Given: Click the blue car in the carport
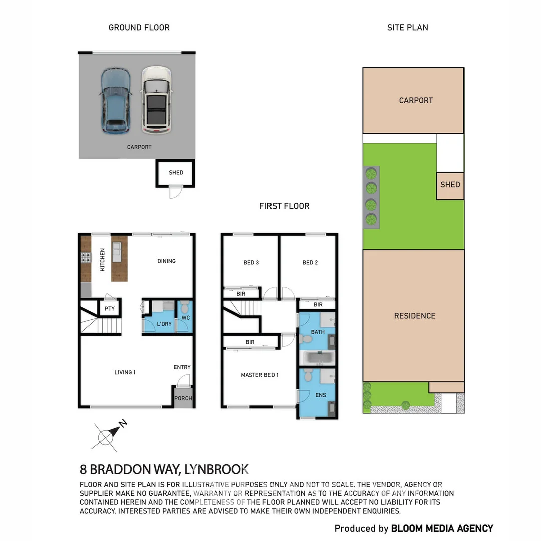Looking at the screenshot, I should click(115, 101).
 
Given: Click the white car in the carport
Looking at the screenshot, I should click(156, 101).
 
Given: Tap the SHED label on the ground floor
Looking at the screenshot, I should click(176, 173).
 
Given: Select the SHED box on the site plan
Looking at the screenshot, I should click(450, 185).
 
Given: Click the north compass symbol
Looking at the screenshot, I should click(106, 437).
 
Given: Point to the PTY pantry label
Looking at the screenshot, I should click(110, 309).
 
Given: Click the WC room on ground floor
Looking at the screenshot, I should click(185, 318).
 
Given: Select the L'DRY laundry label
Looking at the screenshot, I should click(164, 324).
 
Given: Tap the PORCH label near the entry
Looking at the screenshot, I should click(183, 399).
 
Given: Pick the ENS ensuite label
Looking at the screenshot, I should click(321, 395).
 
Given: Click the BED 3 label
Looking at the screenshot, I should click(251, 263).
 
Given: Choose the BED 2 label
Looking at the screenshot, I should click(310, 263).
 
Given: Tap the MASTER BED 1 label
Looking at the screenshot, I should click(259, 375).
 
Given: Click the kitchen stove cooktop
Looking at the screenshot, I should click(86, 258).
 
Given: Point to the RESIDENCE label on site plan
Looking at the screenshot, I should click(414, 316).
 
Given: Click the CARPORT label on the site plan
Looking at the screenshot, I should click(416, 100).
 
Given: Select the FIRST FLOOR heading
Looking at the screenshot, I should click(284, 206).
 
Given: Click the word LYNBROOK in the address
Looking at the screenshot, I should click(217, 470).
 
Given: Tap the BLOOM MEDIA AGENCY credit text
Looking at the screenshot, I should click(442, 528).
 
